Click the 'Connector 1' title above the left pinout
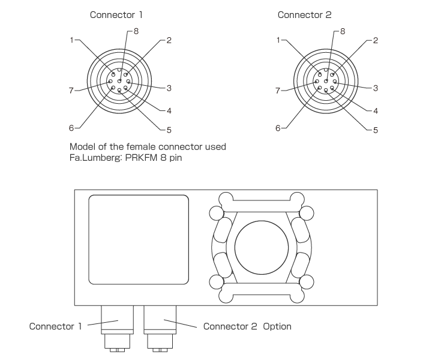click(116, 14)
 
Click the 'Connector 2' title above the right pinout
click(304, 14)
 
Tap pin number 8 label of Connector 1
click(136, 31)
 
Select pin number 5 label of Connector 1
click(169, 130)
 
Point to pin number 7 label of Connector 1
click(71, 91)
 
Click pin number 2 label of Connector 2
click(375, 41)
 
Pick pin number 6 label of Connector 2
click(278, 128)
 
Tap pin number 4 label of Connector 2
click(375, 111)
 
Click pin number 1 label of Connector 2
click(278, 40)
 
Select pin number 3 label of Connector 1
click(169, 88)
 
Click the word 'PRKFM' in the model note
click(142, 158)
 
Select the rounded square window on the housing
click(139, 239)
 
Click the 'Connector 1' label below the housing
click(56, 326)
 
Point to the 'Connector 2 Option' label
click(247, 326)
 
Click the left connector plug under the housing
click(117, 327)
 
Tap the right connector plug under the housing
click(160, 327)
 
